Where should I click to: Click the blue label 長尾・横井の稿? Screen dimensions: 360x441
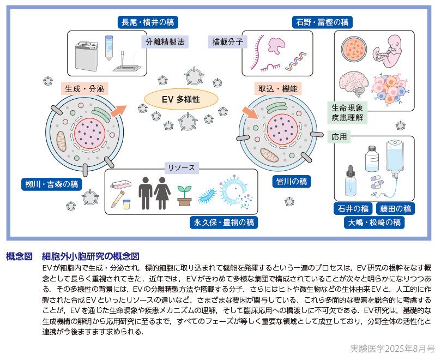148,22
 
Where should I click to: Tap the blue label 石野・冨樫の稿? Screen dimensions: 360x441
322,22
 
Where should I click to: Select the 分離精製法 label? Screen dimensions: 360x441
165,41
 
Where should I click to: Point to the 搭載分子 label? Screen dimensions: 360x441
228,41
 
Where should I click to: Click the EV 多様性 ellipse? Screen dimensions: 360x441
181,99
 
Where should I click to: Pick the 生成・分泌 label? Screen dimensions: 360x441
84,88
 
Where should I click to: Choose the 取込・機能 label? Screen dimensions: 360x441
278,88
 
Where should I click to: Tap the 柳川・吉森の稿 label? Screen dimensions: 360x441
52,184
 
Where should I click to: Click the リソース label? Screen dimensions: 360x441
182,167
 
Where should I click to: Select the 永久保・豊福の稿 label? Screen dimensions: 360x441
223,222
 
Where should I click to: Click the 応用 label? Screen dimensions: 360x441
339,137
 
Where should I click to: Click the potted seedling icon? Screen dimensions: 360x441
184,195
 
